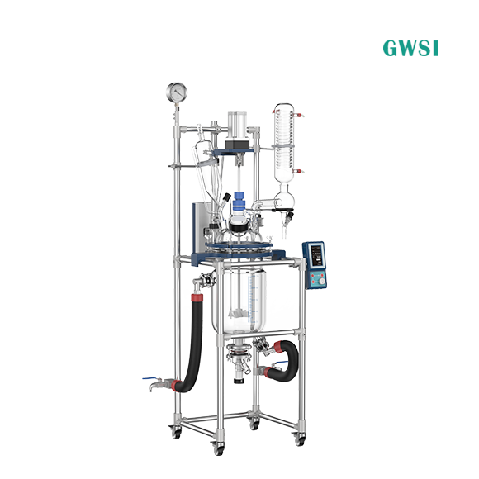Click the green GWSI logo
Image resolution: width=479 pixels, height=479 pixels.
(410, 48)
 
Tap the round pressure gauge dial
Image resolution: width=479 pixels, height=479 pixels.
(177, 92)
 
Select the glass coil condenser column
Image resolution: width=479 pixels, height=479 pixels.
(284, 143)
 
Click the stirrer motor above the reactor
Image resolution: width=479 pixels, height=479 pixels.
(237, 131)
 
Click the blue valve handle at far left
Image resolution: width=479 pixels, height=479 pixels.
(149, 378)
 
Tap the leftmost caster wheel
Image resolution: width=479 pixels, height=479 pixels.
(176, 433)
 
